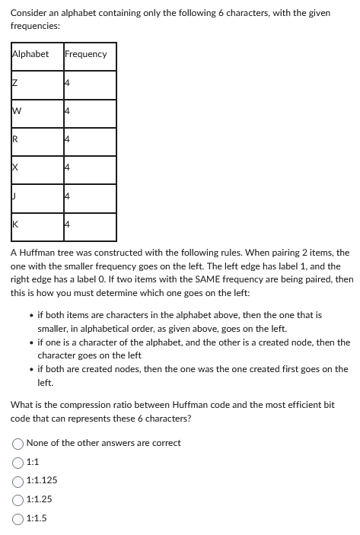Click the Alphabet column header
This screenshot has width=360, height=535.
coord(30,54)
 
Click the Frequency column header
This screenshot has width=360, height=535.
coord(86,54)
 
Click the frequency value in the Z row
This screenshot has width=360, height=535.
coord(68,84)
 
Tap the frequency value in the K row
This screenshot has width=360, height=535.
coord(68,225)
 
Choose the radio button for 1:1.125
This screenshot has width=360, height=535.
coord(18,480)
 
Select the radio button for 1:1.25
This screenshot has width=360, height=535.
coord(18,499)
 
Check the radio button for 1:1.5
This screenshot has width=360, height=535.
coord(18,518)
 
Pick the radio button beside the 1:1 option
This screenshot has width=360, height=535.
coord(18,462)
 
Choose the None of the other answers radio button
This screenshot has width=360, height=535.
coord(18,443)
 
